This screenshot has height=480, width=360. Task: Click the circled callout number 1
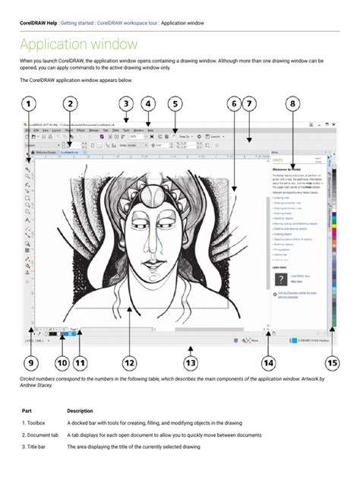coord(28,103)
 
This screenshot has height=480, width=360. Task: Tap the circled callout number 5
coord(174,103)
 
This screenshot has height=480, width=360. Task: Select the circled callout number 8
coord(293,103)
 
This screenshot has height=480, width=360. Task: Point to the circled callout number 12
coord(129,363)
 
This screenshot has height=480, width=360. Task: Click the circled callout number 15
coord(332,363)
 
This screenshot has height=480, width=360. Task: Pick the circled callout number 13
coord(190,363)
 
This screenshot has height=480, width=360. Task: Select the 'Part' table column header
coord(27,411)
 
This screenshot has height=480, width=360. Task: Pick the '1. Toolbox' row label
coord(35,423)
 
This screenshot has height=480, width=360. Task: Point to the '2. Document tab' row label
coord(41,435)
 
